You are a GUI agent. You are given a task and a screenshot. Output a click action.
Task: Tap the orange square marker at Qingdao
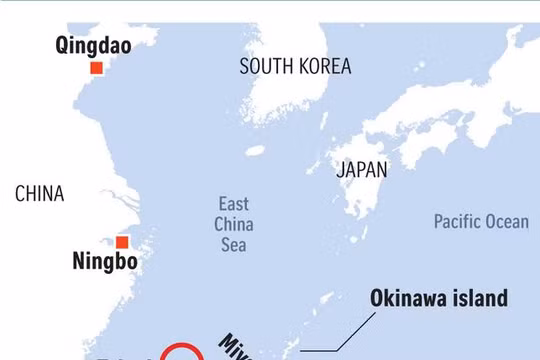click(96, 68)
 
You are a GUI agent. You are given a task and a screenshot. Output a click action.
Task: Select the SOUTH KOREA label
click(295, 67)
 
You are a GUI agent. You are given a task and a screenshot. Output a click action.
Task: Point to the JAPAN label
click(361, 169)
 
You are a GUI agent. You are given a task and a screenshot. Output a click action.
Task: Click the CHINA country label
click(39, 194)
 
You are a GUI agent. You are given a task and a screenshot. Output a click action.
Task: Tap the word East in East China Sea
click(234, 204)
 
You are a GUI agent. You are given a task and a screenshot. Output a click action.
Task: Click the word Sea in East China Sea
click(234, 244)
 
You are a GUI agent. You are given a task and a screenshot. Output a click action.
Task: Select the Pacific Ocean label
click(481, 221)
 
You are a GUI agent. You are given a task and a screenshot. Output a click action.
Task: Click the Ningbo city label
click(105, 263)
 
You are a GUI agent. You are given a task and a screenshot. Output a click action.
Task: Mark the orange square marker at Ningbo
click(122, 242)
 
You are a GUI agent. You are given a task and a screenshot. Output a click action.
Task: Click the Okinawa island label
click(439, 298)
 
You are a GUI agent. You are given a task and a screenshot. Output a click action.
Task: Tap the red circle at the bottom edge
click(182, 353)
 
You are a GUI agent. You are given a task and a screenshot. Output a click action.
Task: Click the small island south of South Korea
click(255, 151)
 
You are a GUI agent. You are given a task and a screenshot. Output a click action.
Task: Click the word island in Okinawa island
click(482, 298)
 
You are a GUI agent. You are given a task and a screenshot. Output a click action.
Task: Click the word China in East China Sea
click(234, 224)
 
